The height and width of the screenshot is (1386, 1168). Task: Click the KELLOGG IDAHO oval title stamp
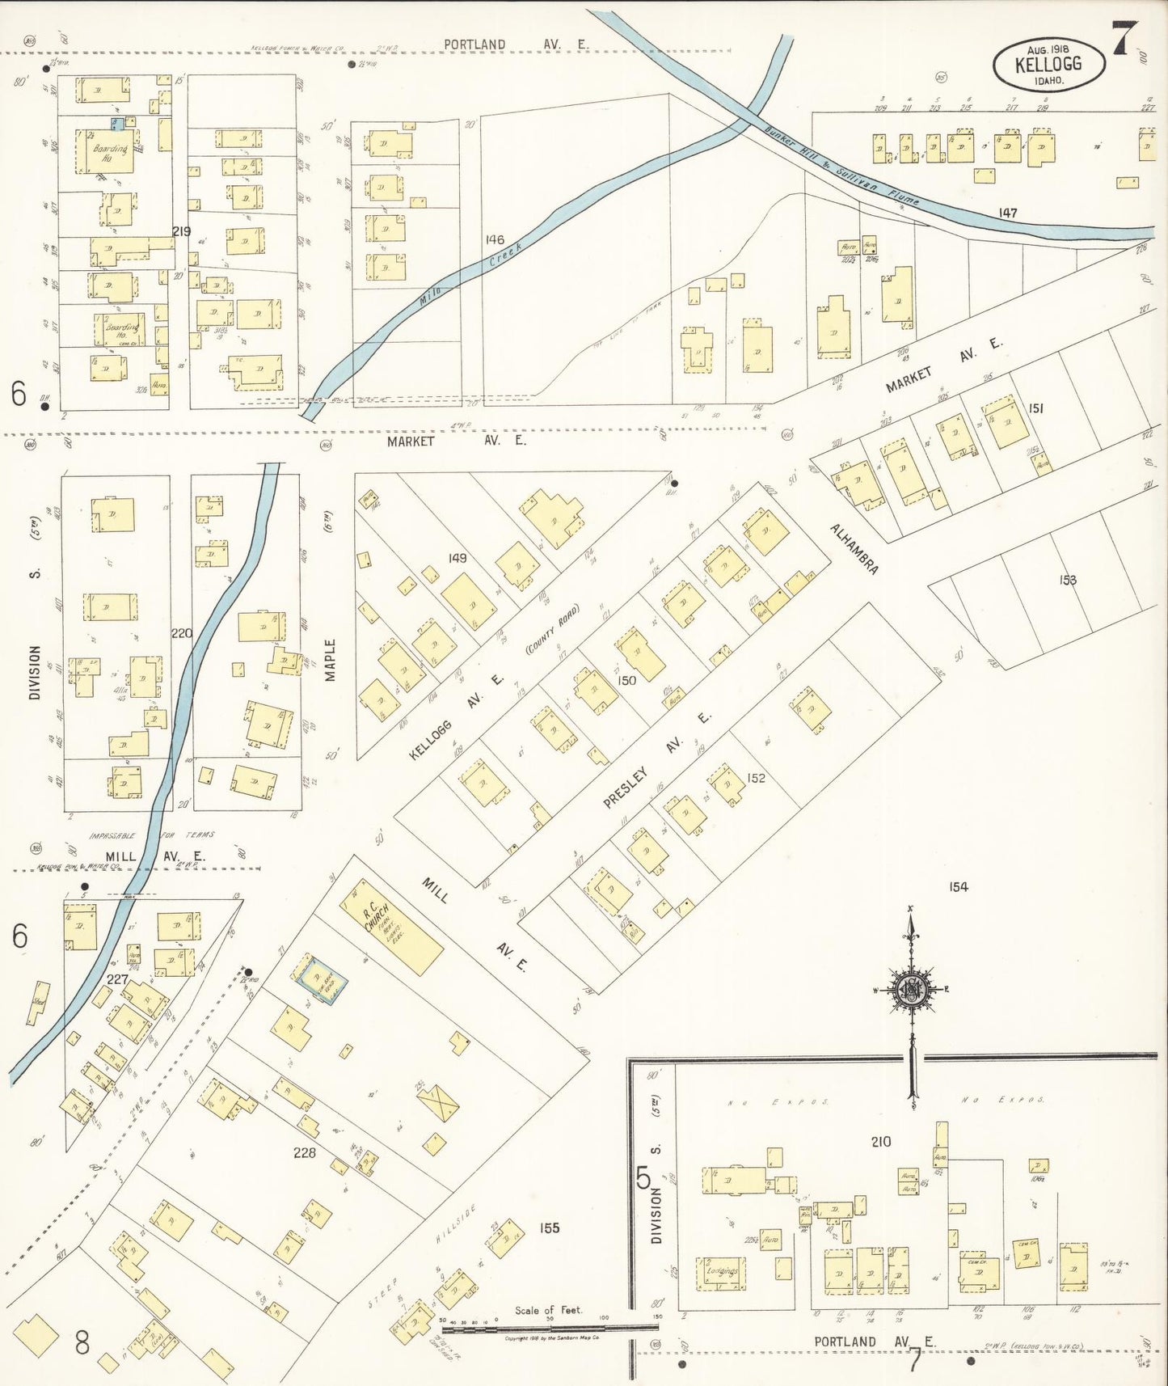tap(1048, 65)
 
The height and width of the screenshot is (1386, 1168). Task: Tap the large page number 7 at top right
tap(1124, 38)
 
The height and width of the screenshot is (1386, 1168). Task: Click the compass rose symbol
tap(911, 988)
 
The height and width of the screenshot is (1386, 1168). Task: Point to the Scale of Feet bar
tap(550, 1326)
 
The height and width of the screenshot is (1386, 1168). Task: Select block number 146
tap(495, 239)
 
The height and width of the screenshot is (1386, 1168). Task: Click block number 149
tap(458, 558)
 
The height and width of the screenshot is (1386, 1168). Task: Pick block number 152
tap(756, 778)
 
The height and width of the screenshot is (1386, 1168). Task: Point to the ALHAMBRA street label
tap(854, 549)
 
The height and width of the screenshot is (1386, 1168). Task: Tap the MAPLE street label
tap(330, 660)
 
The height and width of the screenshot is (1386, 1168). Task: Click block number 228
tap(305, 1152)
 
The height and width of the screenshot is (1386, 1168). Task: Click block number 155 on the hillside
tap(549, 1228)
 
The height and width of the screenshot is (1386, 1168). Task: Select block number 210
tap(880, 1141)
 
